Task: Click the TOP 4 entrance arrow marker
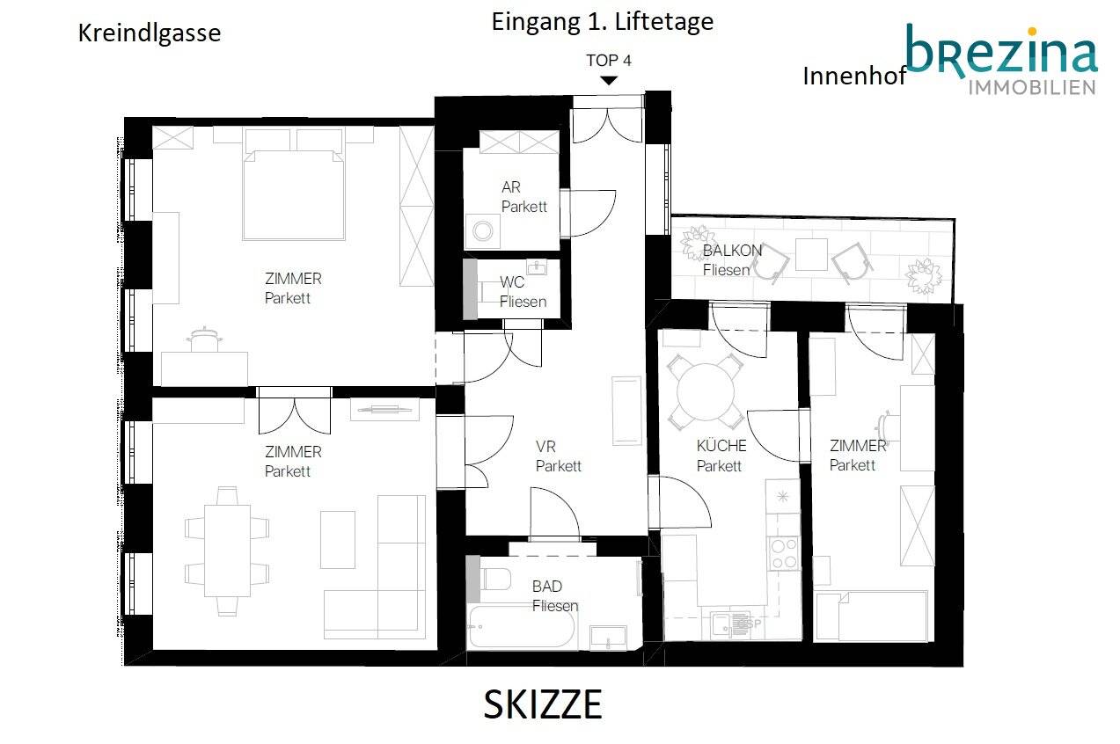coord(609,80)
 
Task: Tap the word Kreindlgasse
coord(150,33)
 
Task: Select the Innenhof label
coord(854,77)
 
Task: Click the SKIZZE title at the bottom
coord(543,704)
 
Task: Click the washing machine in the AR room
coord(483,231)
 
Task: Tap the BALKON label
coord(733,251)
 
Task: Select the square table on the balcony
coord(811,254)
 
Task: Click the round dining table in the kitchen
coord(706,392)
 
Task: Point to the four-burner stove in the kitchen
coord(784,554)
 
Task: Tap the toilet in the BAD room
coord(495,580)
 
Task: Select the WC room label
coord(512,282)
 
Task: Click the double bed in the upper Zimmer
coord(294,195)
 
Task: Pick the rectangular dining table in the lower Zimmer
coord(228,551)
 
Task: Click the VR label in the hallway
coord(545,447)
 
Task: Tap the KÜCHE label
coord(721,445)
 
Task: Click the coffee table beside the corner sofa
coord(338,540)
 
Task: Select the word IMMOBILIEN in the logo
coord(1032,88)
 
